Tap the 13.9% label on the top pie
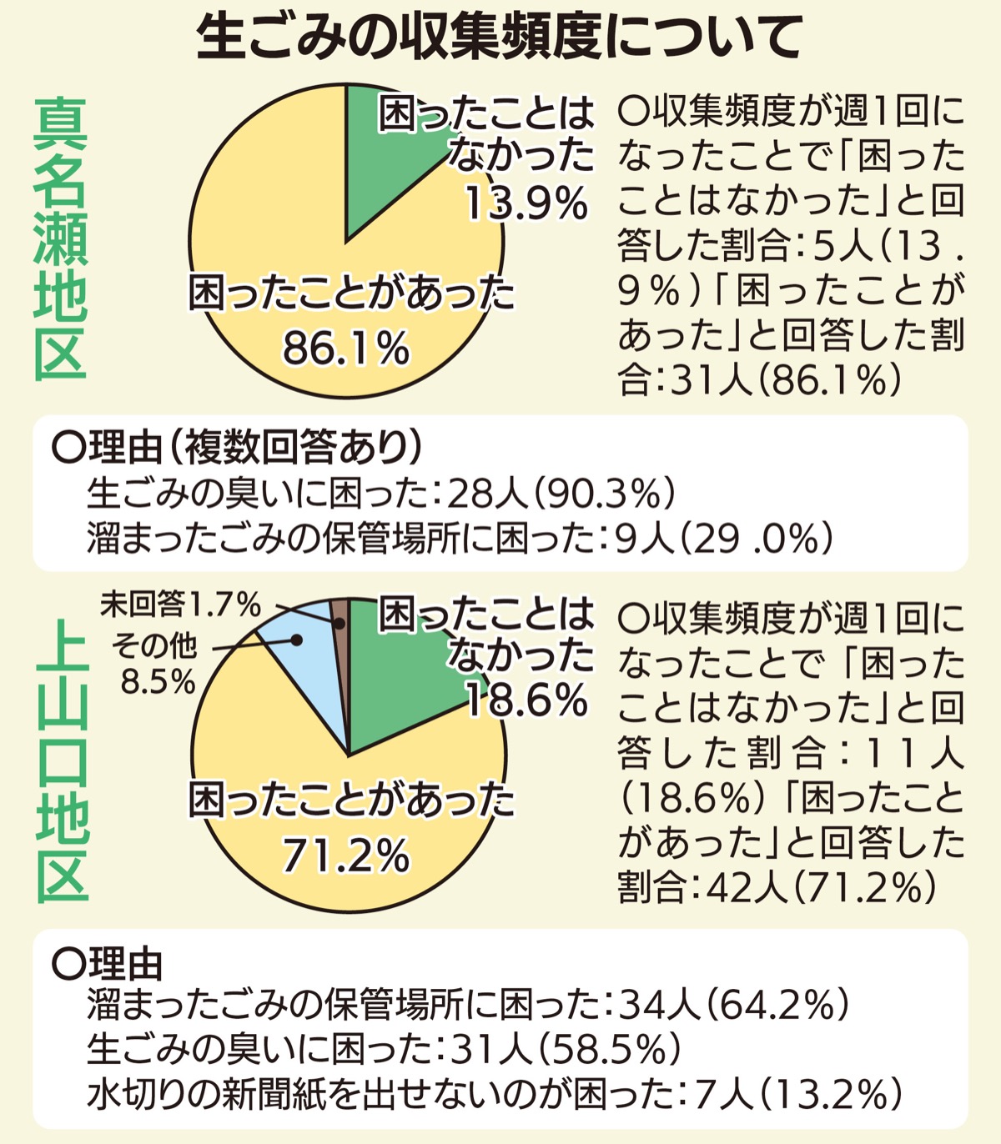click(x=526, y=203)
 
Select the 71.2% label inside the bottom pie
click(x=345, y=854)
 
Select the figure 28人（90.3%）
click(x=560, y=495)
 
